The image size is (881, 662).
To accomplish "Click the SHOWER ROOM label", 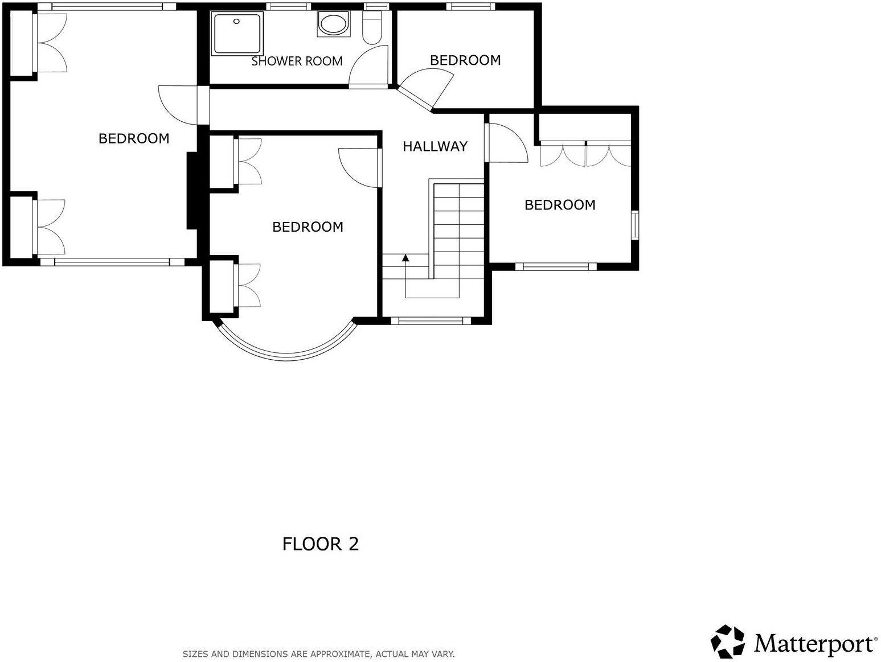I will [297, 61].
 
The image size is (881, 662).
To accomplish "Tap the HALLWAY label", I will [435, 147].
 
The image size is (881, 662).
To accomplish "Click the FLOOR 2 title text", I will [321, 544].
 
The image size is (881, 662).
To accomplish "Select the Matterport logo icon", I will [727, 642].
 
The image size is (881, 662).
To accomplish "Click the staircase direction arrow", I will [405, 259].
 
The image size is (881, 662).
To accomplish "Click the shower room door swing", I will [367, 67].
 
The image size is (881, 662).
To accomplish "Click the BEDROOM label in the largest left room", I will [134, 139].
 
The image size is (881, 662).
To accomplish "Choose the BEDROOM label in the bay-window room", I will [308, 227].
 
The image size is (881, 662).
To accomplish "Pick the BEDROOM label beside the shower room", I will [465, 60].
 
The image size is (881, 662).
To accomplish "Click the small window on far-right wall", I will [635, 225].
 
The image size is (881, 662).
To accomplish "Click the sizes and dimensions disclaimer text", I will [318, 654].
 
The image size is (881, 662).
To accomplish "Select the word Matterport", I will [815, 644].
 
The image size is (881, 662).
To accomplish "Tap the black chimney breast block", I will [192, 191].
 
